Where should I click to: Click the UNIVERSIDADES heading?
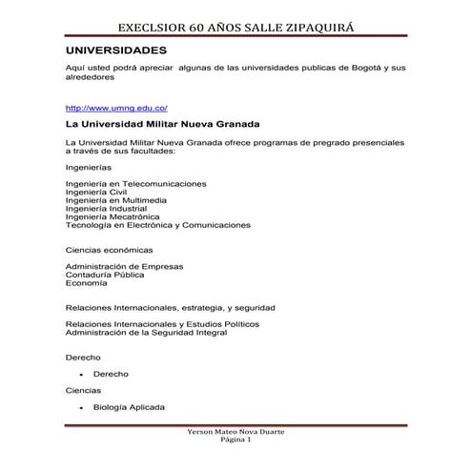pos(116,49)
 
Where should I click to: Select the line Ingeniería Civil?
pos(96,192)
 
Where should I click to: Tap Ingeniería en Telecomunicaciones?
pos(134,183)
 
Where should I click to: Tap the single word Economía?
pos(86,283)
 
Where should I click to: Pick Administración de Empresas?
pos(124,266)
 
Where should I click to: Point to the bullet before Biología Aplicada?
pos(82,408)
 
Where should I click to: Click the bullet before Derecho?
pos(82,375)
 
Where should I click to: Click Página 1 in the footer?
pos(236,442)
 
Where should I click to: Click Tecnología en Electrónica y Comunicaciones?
pos(157,225)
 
